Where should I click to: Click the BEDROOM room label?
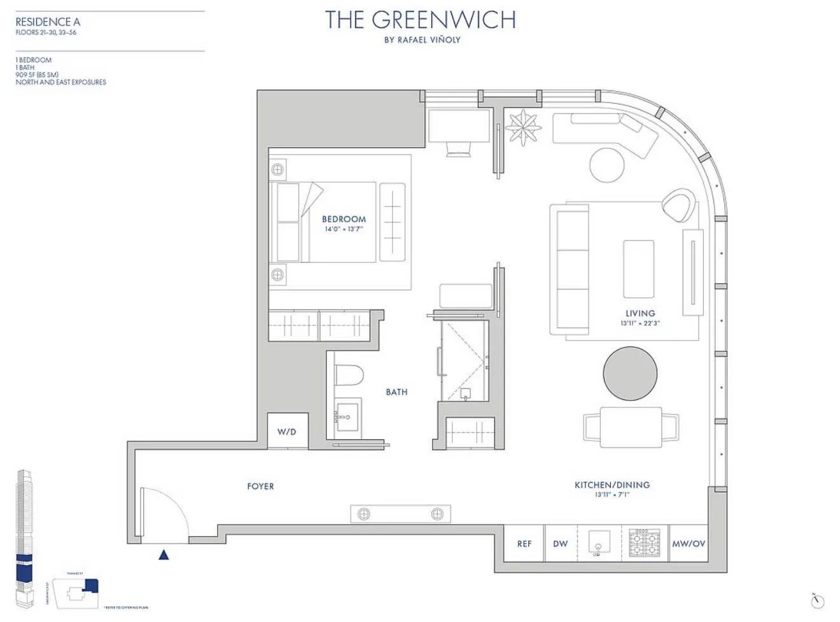pos(344,219)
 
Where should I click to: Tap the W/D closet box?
pos(287,431)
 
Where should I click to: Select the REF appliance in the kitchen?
pos(524,544)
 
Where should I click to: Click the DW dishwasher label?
pos(560,544)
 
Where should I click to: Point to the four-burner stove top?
pos(644,543)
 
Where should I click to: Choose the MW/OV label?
pos(689,544)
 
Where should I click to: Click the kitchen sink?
pos(598,543)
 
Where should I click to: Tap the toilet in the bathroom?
pos(348,375)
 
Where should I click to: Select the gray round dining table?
pos(630,374)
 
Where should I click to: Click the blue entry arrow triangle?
pos(164,555)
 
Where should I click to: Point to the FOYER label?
pos(260,486)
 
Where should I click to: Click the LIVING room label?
pos(640,313)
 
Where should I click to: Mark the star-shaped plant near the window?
pos(523,127)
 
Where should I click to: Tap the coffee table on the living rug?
pos(638,269)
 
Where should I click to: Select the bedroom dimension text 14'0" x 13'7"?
pos(344,229)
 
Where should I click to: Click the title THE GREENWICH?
pos(421,20)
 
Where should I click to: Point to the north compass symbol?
pos(818,600)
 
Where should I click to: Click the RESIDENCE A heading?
pos(48,22)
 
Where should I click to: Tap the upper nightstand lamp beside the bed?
pos(277,170)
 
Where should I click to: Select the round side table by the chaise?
pos(606,165)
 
